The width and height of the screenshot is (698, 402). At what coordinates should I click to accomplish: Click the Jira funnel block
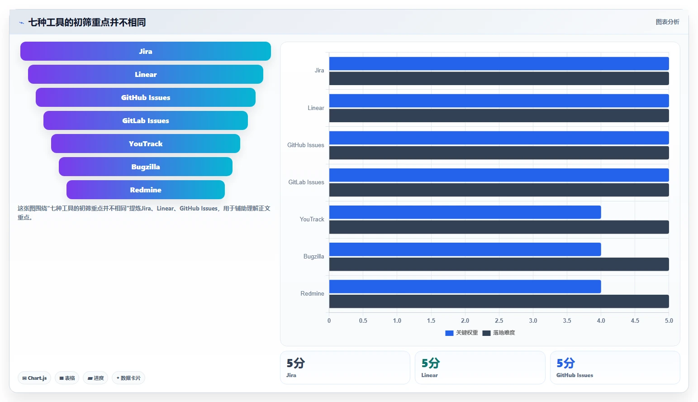(x=146, y=51)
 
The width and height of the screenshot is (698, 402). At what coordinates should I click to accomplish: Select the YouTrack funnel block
(x=146, y=144)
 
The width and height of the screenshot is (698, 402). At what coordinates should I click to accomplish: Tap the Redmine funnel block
(x=146, y=190)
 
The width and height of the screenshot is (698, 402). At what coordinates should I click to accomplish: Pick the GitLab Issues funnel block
(x=146, y=120)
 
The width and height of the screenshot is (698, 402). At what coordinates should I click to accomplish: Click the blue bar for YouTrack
(x=465, y=212)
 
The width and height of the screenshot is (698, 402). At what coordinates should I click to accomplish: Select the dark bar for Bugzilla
(x=499, y=264)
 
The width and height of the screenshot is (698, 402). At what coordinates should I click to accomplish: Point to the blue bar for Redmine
(x=465, y=287)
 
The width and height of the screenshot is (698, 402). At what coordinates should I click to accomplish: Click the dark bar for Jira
(x=499, y=78)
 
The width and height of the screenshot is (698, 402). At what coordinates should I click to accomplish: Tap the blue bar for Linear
(x=499, y=101)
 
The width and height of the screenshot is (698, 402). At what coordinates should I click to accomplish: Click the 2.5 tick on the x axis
(x=499, y=321)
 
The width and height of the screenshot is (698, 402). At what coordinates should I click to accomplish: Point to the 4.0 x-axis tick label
(x=601, y=321)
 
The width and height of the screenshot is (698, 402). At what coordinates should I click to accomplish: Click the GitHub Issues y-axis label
(x=305, y=145)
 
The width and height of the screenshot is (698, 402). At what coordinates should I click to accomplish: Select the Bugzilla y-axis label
(x=313, y=256)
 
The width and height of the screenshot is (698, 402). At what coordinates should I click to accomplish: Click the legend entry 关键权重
(x=461, y=333)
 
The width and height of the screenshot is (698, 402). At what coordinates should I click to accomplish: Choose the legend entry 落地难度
(x=499, y=333)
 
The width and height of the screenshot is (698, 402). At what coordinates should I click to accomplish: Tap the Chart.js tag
(x=34, y=378)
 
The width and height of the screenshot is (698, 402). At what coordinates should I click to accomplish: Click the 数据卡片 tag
(x=128, y=378)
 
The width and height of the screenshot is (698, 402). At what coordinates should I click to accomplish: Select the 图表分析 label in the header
(x=667, y=22)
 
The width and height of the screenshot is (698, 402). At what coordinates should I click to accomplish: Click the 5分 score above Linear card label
(x=430, y=363)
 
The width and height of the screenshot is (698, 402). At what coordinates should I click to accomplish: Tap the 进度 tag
(x=95, y=378)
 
